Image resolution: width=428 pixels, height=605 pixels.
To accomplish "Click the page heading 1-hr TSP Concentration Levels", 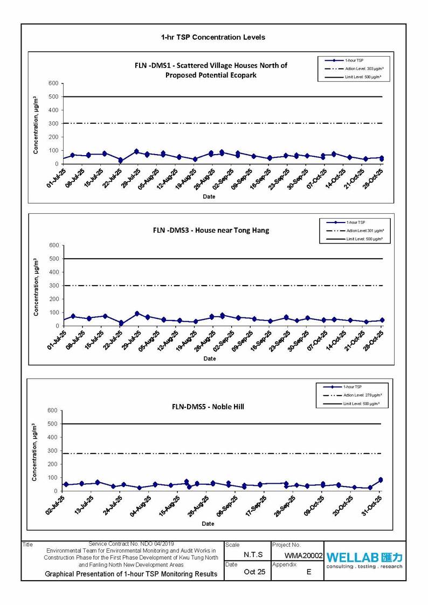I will [x=213, y=37].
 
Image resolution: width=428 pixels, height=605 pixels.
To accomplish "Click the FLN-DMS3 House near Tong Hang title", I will [x=211, y=230].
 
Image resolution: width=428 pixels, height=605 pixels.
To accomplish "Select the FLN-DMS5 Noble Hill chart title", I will [x=204, y=406].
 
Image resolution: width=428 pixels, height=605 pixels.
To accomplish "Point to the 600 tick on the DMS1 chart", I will [x=53, y=84].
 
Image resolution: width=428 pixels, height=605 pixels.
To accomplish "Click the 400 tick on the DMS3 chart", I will [x=53, y=272].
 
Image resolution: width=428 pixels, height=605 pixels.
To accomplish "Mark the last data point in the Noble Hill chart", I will [x=381, y=479].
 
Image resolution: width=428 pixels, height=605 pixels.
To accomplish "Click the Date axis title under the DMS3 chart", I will [x=209, y=358].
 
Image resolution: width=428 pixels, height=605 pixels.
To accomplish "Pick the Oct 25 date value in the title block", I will [x=254, y=572].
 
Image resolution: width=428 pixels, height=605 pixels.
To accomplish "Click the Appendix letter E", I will [x=309, y=572].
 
